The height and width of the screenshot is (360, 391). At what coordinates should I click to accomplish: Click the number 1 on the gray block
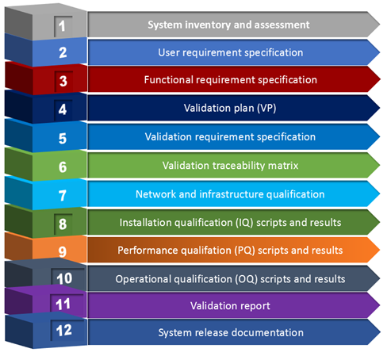pyautogui.click(x=62, y=26)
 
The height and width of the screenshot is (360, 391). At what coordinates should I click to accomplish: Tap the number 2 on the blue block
pyautogui.click(x=63, y=52)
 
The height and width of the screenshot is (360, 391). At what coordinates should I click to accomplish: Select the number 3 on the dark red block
pyautogui.click(x=63, y=81)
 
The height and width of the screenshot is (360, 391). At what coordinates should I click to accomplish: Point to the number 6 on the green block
pyautogui.click(x=63, y=167)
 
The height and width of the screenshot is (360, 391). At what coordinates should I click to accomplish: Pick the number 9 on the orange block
pyautogui.click(x=63, y=251)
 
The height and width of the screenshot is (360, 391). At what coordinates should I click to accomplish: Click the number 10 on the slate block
pyautogui.click(x=64, y=278)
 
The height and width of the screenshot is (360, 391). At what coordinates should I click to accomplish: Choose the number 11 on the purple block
pyautogui.click(x=63, y=304)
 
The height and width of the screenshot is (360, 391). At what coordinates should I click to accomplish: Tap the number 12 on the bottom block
pyautogui.click(x=63, y=331)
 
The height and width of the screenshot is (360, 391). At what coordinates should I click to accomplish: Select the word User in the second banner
pyautogui.click(x=169, y=52)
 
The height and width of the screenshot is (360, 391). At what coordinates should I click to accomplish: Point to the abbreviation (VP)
pyautogui.click(x=266, y=108)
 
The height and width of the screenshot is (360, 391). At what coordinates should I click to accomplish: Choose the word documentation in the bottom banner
pyautogui.click(x=268, y=332)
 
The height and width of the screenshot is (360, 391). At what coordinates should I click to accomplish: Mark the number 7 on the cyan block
pyautogui.click(x=63, y=196)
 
